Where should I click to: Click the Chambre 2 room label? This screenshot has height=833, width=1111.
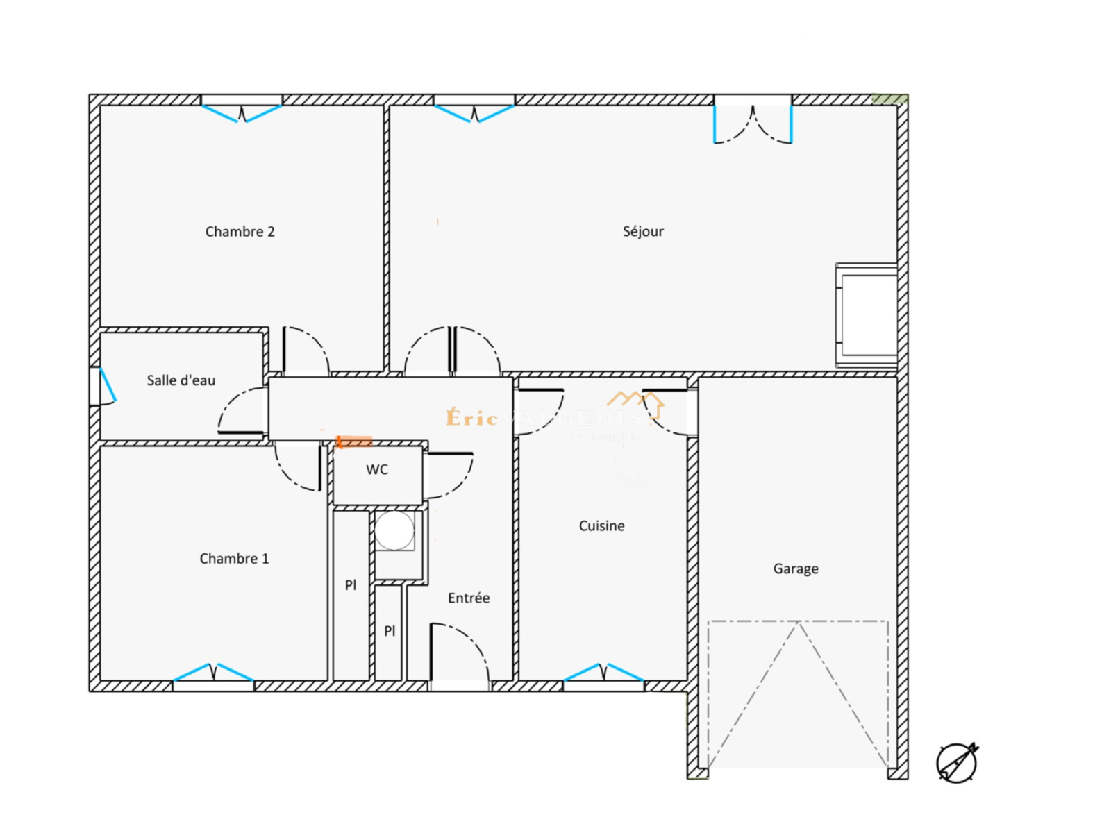point(240,232)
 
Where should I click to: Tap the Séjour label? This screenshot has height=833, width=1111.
point(643,232)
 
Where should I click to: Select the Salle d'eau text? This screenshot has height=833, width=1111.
point(181,380)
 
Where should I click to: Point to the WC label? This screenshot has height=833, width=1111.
point(377,470)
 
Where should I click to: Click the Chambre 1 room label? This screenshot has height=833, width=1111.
point(234,559)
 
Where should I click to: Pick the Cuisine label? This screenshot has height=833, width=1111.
point(601,526)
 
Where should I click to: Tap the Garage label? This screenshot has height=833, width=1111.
point(796,569)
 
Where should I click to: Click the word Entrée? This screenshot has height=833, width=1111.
point(469,598)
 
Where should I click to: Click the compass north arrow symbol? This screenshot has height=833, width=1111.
point(957,762)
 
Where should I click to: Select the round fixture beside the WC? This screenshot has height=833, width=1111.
point(395,531)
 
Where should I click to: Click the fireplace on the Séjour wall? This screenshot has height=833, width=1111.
point(867,316)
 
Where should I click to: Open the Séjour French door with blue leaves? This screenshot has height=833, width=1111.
point(753,121)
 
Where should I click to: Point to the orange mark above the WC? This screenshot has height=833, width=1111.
point(354,441)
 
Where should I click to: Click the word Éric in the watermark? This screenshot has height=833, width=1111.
point(472,418)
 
